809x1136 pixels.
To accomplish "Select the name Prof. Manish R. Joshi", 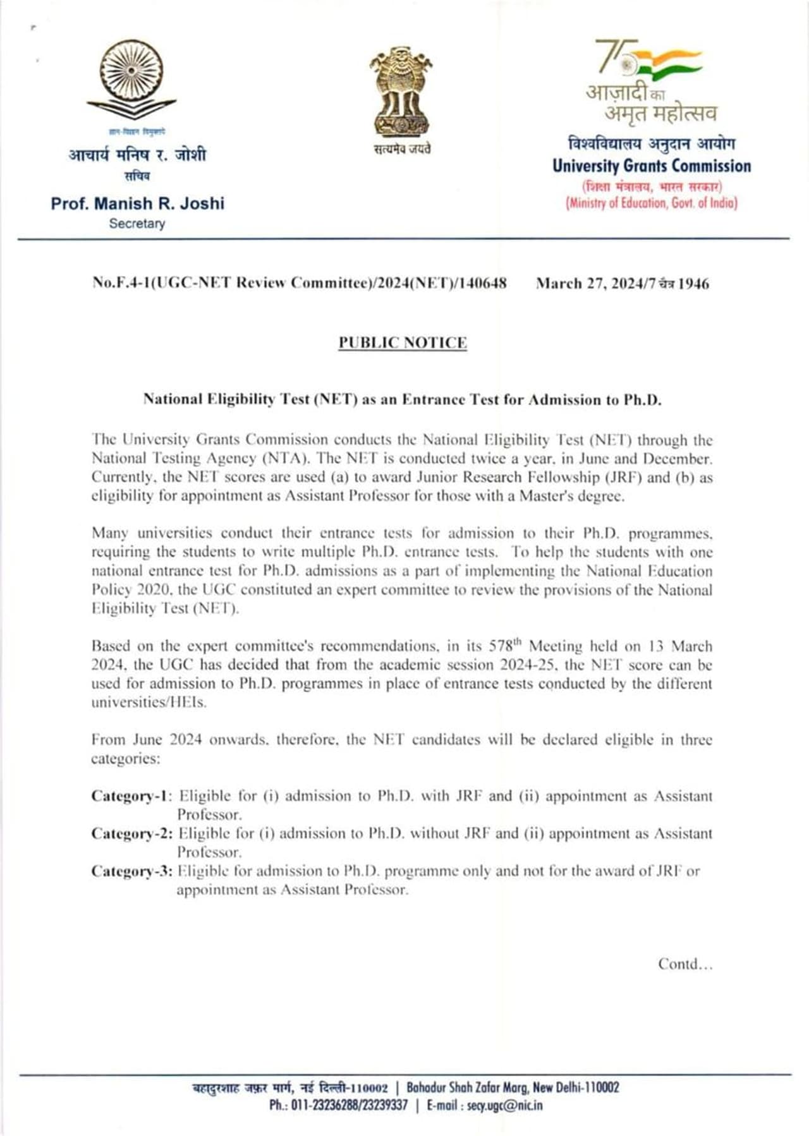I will tap(138, 203).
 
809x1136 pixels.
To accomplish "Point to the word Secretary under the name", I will tap(137, 224).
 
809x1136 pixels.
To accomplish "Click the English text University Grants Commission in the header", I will tap(652, 166).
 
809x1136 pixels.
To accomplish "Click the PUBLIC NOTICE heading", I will tap(403, 342).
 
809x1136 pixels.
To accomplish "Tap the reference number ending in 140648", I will tap(300, 282).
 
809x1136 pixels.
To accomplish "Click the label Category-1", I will tap(131, 795).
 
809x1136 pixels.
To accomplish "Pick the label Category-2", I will tap(131, 833).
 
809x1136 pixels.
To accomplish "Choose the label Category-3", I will tap(131, 871).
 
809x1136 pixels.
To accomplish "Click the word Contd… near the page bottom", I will tap(685, 964).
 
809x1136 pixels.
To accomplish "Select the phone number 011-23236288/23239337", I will tap(349, 1106).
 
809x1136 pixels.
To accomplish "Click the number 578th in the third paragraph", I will tap(505, 646).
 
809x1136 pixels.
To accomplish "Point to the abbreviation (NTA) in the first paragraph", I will tap(283, 458).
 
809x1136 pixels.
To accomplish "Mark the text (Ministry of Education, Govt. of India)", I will tap(652, 203).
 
